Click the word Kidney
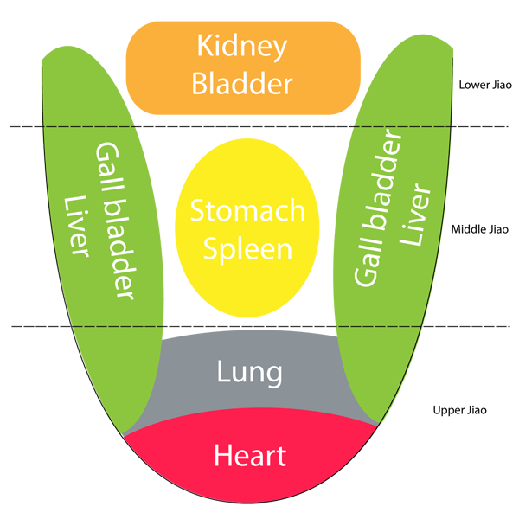coord(241,48)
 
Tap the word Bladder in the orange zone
coord(241,84)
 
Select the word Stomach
coord(247,211)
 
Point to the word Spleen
coord(247,250)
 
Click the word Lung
coord(249,374)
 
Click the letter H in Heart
coord(221,455)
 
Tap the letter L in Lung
coord(222,373)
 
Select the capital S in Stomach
coord(197,211)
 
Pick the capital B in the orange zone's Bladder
coord(200,84)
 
